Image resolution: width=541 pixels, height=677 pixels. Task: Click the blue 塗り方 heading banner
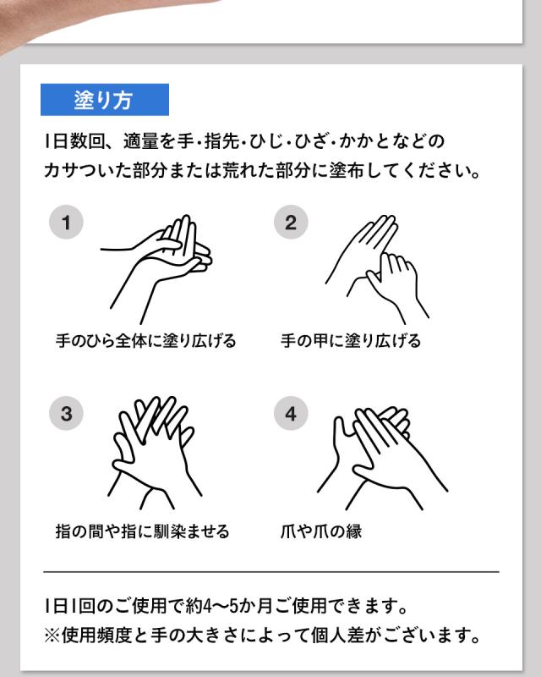[105, 100]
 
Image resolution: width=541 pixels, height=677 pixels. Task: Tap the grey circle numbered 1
[66, 223]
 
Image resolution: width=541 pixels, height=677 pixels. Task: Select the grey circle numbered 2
[291, 223]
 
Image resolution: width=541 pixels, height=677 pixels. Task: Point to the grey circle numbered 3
[66, 414]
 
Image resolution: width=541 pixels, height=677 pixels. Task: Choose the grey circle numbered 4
[291, 414]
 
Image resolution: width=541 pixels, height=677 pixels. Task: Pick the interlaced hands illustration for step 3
[153, 451]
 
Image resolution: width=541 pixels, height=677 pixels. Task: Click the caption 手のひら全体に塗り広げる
[146, 341]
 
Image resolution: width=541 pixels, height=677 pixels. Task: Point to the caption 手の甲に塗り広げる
[350, 341]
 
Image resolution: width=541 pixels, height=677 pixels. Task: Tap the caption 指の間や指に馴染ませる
[142, 531]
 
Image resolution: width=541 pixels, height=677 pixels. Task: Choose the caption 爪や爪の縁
[321, 531]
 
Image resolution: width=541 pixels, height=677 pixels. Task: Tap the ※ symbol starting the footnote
[52, 636]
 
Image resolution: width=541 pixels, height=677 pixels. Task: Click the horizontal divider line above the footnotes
[271, 572]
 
